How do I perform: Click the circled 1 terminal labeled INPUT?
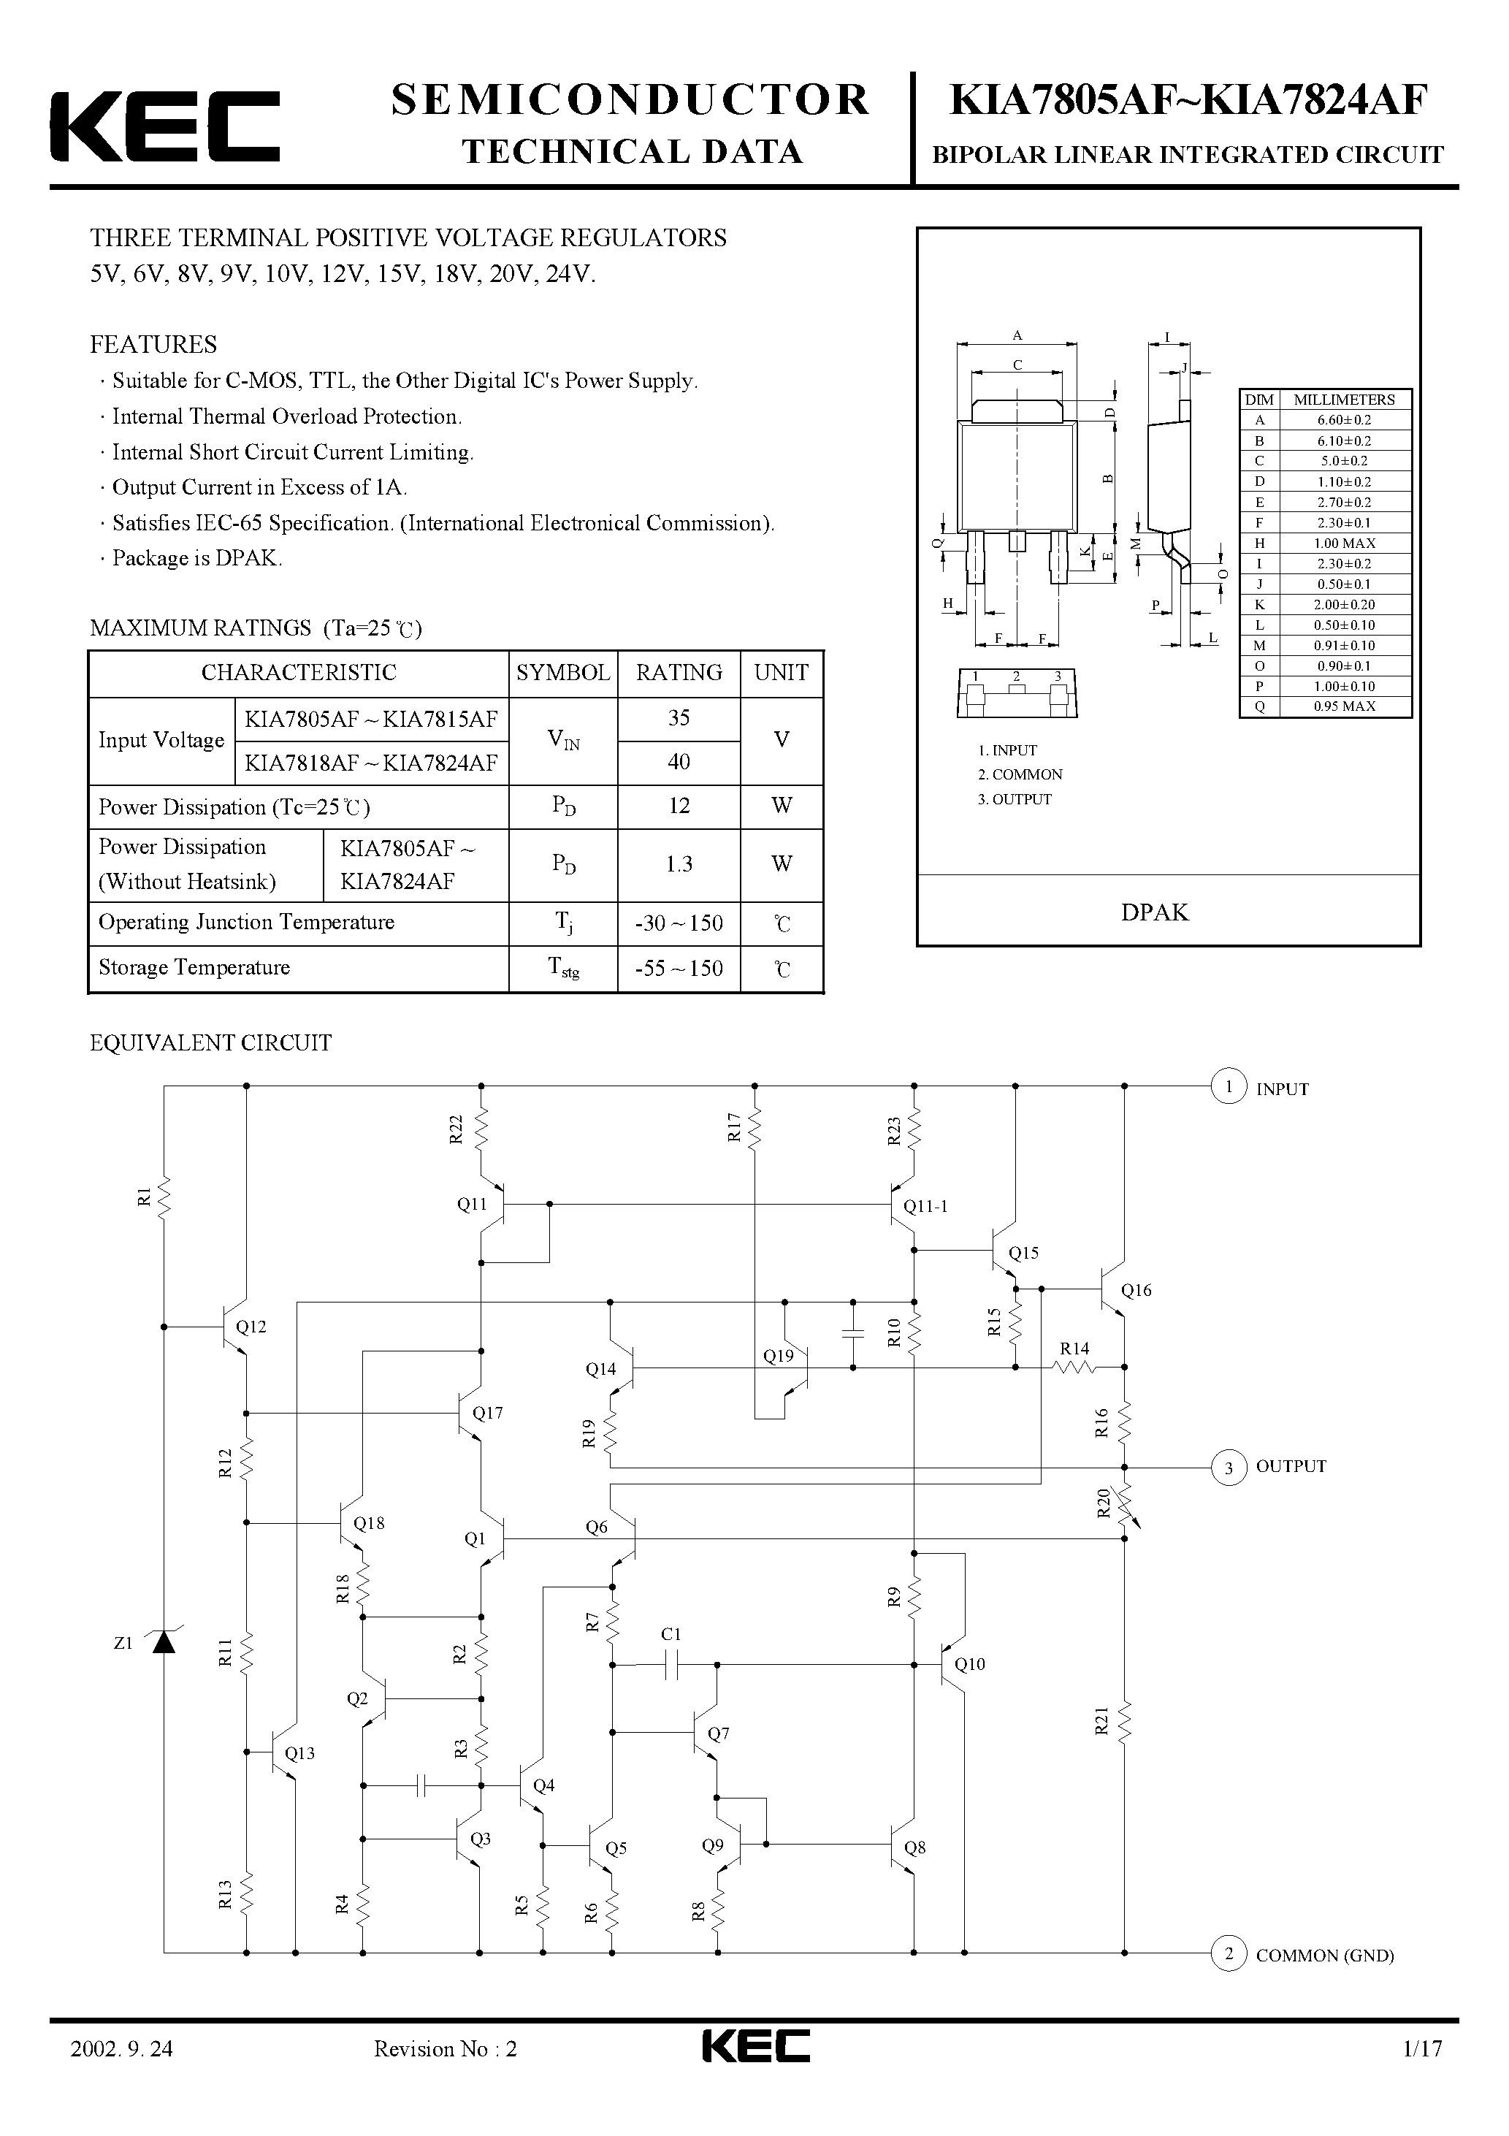pos(1228,1086)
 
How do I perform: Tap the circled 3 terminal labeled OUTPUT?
pos(1228,1467)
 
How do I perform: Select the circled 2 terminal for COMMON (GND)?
pos(1228,1953)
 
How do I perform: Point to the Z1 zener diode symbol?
pos(164,1643)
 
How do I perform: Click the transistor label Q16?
pos(1136,1290)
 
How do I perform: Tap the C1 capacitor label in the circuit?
pos(671,1633)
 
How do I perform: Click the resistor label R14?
pos(1074,1348)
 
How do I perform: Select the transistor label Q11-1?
pos(925,1207)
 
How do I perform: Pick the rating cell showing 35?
pos(679,718)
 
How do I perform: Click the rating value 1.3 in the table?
pos(679,864)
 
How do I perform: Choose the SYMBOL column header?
pos(563,673)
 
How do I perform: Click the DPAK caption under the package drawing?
pos(1155,912)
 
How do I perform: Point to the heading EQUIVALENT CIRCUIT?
pos(210,1043)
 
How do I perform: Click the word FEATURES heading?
pos(153,344)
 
